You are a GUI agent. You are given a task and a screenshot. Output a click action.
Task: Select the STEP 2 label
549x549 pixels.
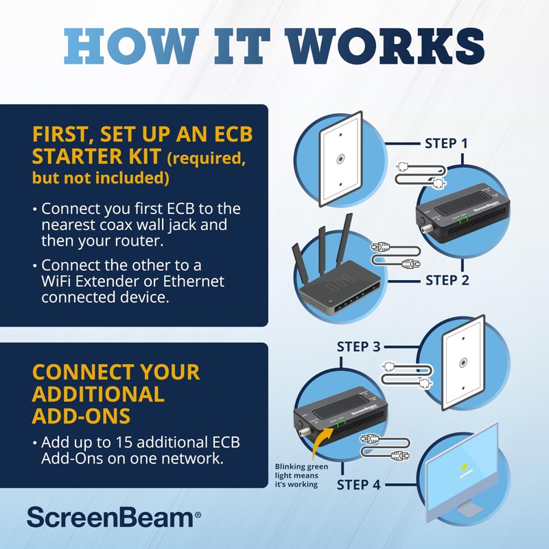(x=446, y=280)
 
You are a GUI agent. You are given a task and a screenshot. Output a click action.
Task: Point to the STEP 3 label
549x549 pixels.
(x=358, y=347)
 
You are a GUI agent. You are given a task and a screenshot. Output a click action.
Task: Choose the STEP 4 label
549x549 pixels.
(x=358, y=485)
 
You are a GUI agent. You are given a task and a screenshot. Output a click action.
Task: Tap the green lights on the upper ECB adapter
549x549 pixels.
(x=463, y=219)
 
